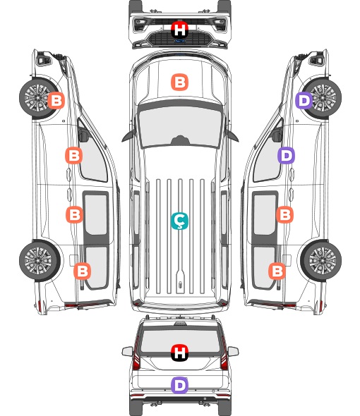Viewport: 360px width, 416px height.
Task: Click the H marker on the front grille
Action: [180, 30]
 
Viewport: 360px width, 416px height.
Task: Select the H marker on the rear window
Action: [180, 353]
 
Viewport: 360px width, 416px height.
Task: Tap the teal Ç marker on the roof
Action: [179, 221]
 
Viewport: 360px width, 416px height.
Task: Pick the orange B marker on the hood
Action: [179, 82]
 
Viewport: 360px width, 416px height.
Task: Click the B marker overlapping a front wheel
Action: [56, 100]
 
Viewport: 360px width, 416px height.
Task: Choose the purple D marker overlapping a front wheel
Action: [304, 100]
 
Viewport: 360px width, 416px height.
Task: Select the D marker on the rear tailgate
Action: [179, 385]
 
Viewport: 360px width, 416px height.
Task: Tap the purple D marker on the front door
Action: [286, 155]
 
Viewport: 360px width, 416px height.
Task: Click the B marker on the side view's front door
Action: [74, 155]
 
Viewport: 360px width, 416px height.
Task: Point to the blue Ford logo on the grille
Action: [180, 41]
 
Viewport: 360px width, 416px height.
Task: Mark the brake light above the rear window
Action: [180, 324]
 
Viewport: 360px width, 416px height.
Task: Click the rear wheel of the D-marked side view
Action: [321, 261]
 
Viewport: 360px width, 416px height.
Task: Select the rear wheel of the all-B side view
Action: [40, 261]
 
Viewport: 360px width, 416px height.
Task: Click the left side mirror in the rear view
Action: [127, 351]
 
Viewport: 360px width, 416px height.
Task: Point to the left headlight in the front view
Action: [140, 24]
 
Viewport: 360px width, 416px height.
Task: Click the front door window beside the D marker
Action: [268, 157]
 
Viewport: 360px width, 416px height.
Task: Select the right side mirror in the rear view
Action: [233, 351]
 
